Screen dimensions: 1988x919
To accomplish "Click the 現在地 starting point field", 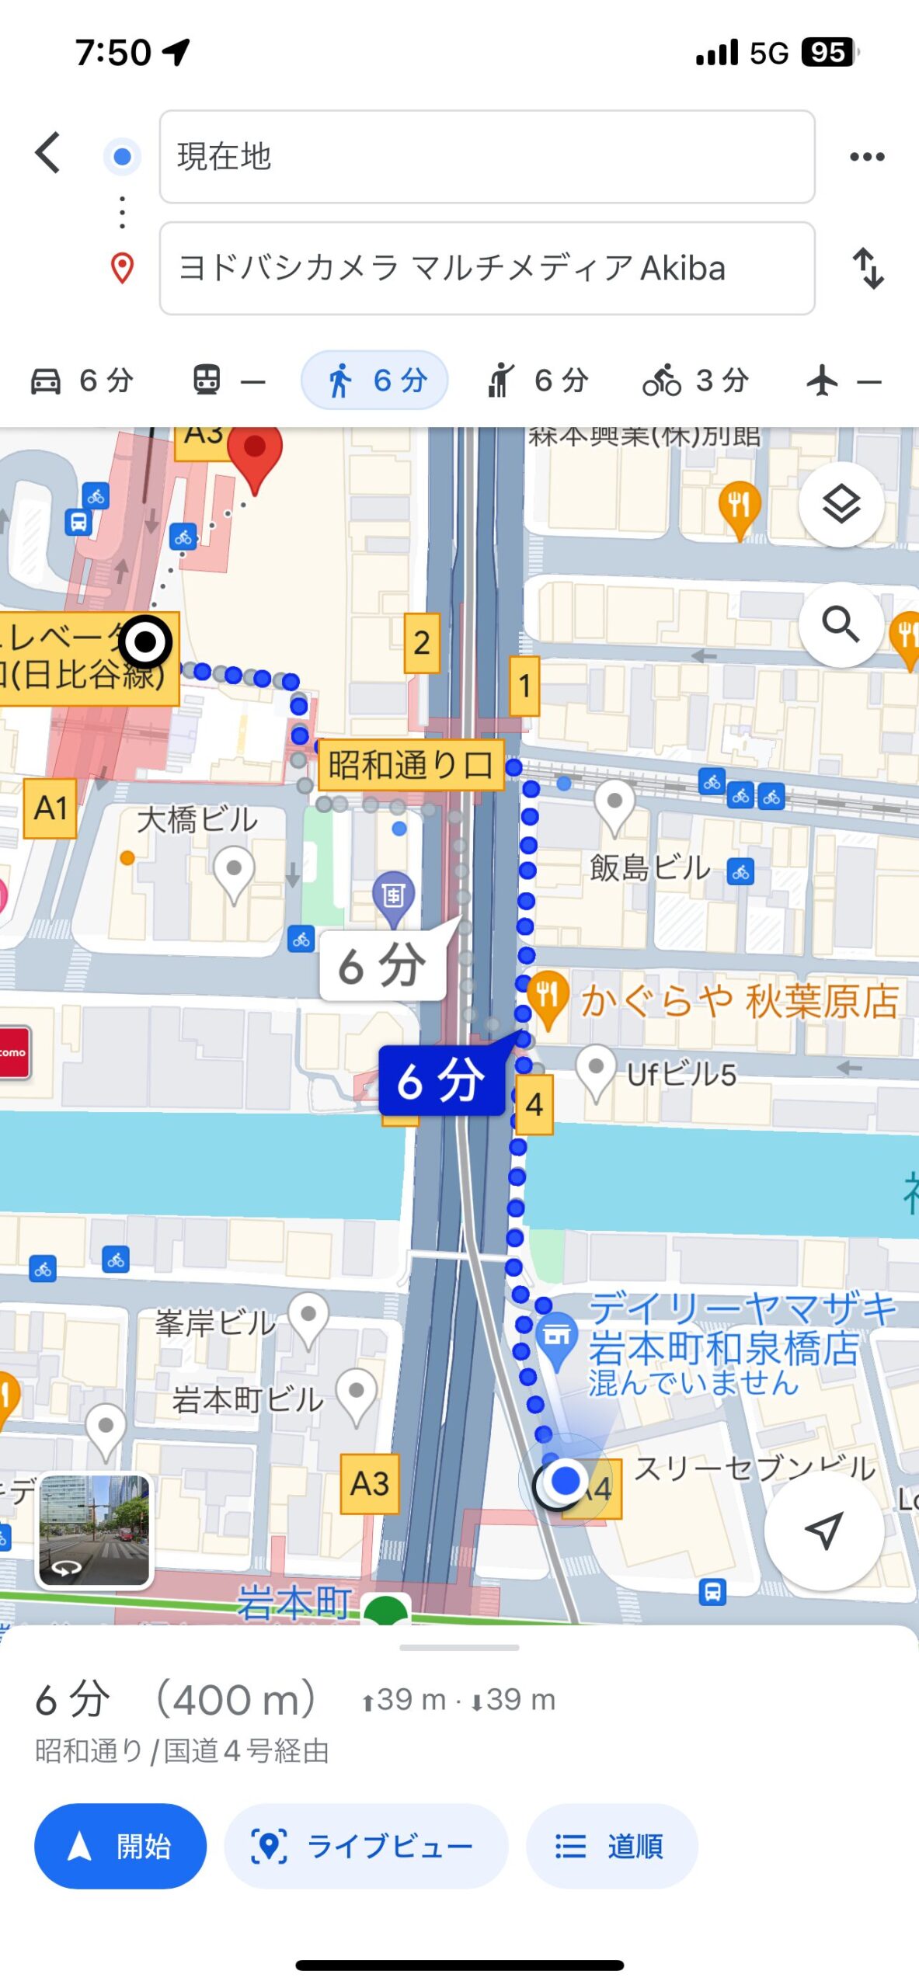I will [x=486, y=157].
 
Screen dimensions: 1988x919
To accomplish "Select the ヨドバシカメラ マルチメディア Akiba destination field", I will [x=486, y=269].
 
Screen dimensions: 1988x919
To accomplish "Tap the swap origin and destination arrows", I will [x=868, y=269].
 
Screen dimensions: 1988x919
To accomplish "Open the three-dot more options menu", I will [x=866, y=157].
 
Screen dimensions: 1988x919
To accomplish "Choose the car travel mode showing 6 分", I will [x=82, y=381].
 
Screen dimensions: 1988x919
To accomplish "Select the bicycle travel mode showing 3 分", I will [x=695, y=381].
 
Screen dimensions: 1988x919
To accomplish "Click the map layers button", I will [x=841, y=505].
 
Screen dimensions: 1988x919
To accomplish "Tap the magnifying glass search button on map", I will [x=841, y=624].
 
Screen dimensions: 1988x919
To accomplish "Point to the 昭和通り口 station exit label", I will [x=410, y=765].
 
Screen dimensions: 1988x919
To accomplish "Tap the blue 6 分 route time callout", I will [x=440, y=1080].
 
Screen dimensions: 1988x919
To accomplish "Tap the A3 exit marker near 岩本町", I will [x=370, y=1483].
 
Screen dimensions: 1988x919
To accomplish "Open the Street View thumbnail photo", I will [x=95, y=1529].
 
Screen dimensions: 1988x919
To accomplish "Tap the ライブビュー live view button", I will [x=366, y=1845].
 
